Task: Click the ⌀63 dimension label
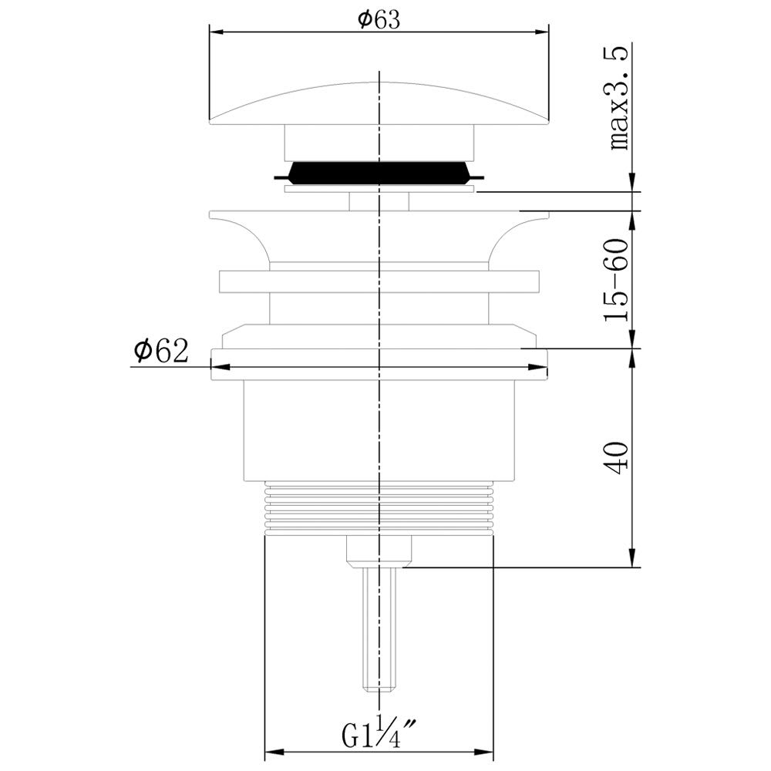click(x=379, y=20)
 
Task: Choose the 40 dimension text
click(x=617, y=458)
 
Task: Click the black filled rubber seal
click(x=379, y=173)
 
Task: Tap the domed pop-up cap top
click(x=379, y=103)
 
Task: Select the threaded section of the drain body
click(x=379, y=507)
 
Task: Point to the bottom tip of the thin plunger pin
click(x=379, y=690)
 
